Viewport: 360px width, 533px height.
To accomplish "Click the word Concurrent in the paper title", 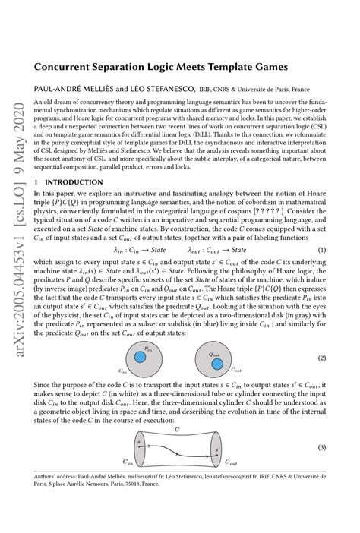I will pos(64,67).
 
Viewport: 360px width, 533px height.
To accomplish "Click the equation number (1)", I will pos(322,250).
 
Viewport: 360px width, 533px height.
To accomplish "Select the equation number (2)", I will pos(322,358).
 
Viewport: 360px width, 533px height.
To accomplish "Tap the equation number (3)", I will pos(322,447).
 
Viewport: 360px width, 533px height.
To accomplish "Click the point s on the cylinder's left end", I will pos(139,443).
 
